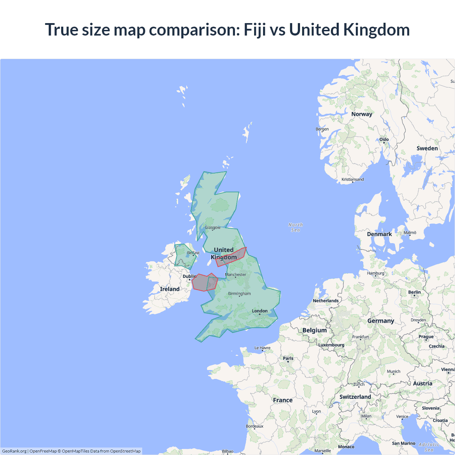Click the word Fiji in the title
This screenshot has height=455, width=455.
[x=255, y=30]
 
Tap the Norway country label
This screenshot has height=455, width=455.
[x=362, y=114]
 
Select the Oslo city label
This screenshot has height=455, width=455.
[x=384, y=139]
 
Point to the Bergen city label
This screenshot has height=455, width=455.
[x=322, y=129]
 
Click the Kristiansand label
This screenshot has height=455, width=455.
[x=353, y=180]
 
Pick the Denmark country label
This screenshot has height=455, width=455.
[x=379, y=234]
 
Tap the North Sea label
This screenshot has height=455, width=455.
[x=295, y=227]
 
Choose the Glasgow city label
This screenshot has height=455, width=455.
[x=213, y=227]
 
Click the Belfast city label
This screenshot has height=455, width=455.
[x=193, y=253]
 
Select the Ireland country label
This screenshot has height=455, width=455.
[x=170, y=289]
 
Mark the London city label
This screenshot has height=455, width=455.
[x=260, y=311]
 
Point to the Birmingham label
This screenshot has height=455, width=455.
[x=239, y=294]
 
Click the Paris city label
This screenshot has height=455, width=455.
[x=288, y=358]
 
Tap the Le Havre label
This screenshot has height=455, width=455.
[x=262, y=348]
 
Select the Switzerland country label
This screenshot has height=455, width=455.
[x=355, y=397]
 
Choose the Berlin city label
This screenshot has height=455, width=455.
[x=414, y=292]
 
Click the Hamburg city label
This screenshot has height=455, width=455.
[x=376, y=273]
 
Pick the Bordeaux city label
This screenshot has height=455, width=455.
[x=255, y=426]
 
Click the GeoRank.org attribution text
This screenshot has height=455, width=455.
[x=14, y=451]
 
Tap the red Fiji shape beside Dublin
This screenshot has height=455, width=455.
[x=200, y=283]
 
